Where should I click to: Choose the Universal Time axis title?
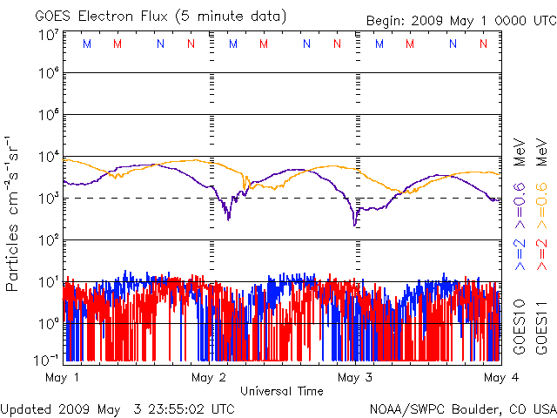(281, 391)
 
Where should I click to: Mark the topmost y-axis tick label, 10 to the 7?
(48, 35)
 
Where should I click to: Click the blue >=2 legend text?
(520, 253)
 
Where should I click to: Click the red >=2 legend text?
(540, 253)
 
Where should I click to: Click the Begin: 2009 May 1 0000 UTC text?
(454, 19)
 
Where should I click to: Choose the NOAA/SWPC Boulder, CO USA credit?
(461, 408)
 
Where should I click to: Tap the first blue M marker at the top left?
(86, 43)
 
